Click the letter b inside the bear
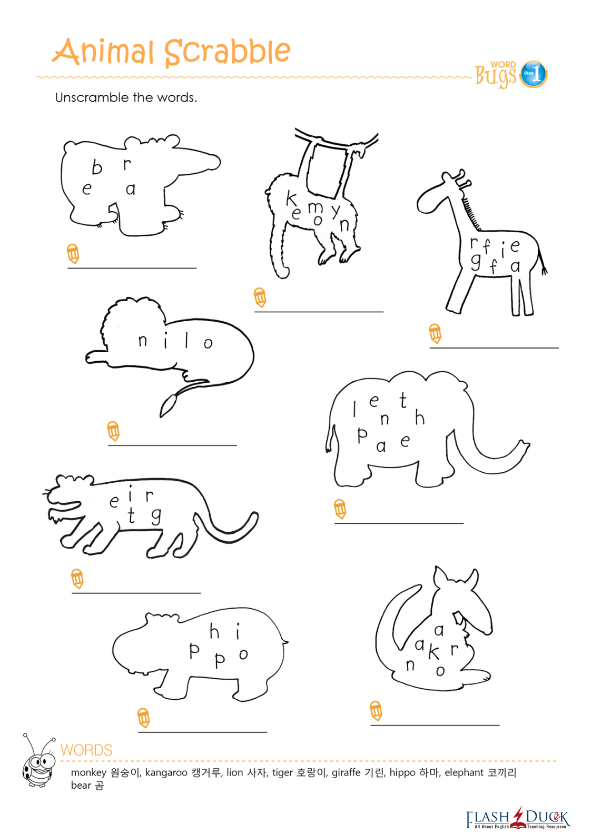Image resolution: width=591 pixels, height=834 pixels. click(x=97, y=167)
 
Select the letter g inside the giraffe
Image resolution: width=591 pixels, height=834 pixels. click(x=476, y=263)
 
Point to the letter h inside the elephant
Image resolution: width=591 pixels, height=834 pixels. click(x=420, y=417)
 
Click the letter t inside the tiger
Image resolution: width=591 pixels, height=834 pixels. click(x=131, y=515)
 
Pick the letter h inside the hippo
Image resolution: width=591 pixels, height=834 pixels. click(x=214, y=631)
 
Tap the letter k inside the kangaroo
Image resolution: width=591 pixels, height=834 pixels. click(x=434, y=652)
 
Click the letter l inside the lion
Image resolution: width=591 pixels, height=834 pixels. click(x=186, y=340)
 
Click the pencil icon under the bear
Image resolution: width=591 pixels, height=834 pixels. click(x=73, y=254)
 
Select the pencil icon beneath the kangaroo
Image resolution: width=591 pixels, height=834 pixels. click(x=376, y=711)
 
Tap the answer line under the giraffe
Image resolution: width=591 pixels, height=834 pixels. click(x=494, y=347)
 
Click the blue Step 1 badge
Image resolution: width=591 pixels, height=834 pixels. click(x=533, y=74)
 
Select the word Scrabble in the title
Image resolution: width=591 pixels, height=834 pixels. click(x=227, y=53)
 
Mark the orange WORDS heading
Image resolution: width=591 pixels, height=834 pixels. click(x=86, y=750)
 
